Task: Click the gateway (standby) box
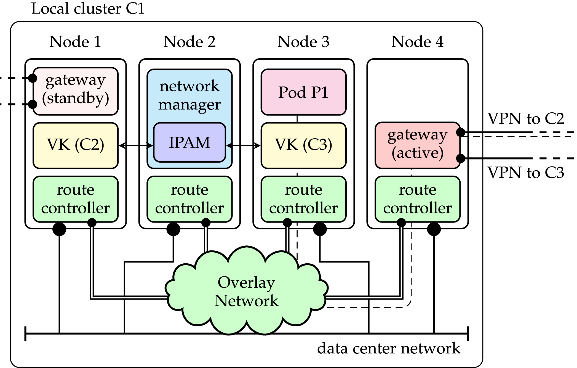[76, 91]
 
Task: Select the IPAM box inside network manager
[189, 143]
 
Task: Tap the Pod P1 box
[303, 92]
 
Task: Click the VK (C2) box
[76, 145]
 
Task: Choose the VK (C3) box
[303, 145]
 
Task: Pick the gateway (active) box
[417, 145]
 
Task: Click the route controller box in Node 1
[76, 199]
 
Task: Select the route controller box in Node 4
[417, 199]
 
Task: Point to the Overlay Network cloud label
[246, 291]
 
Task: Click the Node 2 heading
[189, 42]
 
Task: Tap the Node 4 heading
[417, 42]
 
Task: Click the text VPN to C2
[525, 119]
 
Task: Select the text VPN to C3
[525, 173]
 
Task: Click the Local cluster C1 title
[88, 8]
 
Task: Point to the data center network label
[388, 348]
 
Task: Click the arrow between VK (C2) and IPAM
[136, 145]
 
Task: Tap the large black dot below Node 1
[59, 229]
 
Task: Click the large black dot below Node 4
[434, 229]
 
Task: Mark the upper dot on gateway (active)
[461, 132]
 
